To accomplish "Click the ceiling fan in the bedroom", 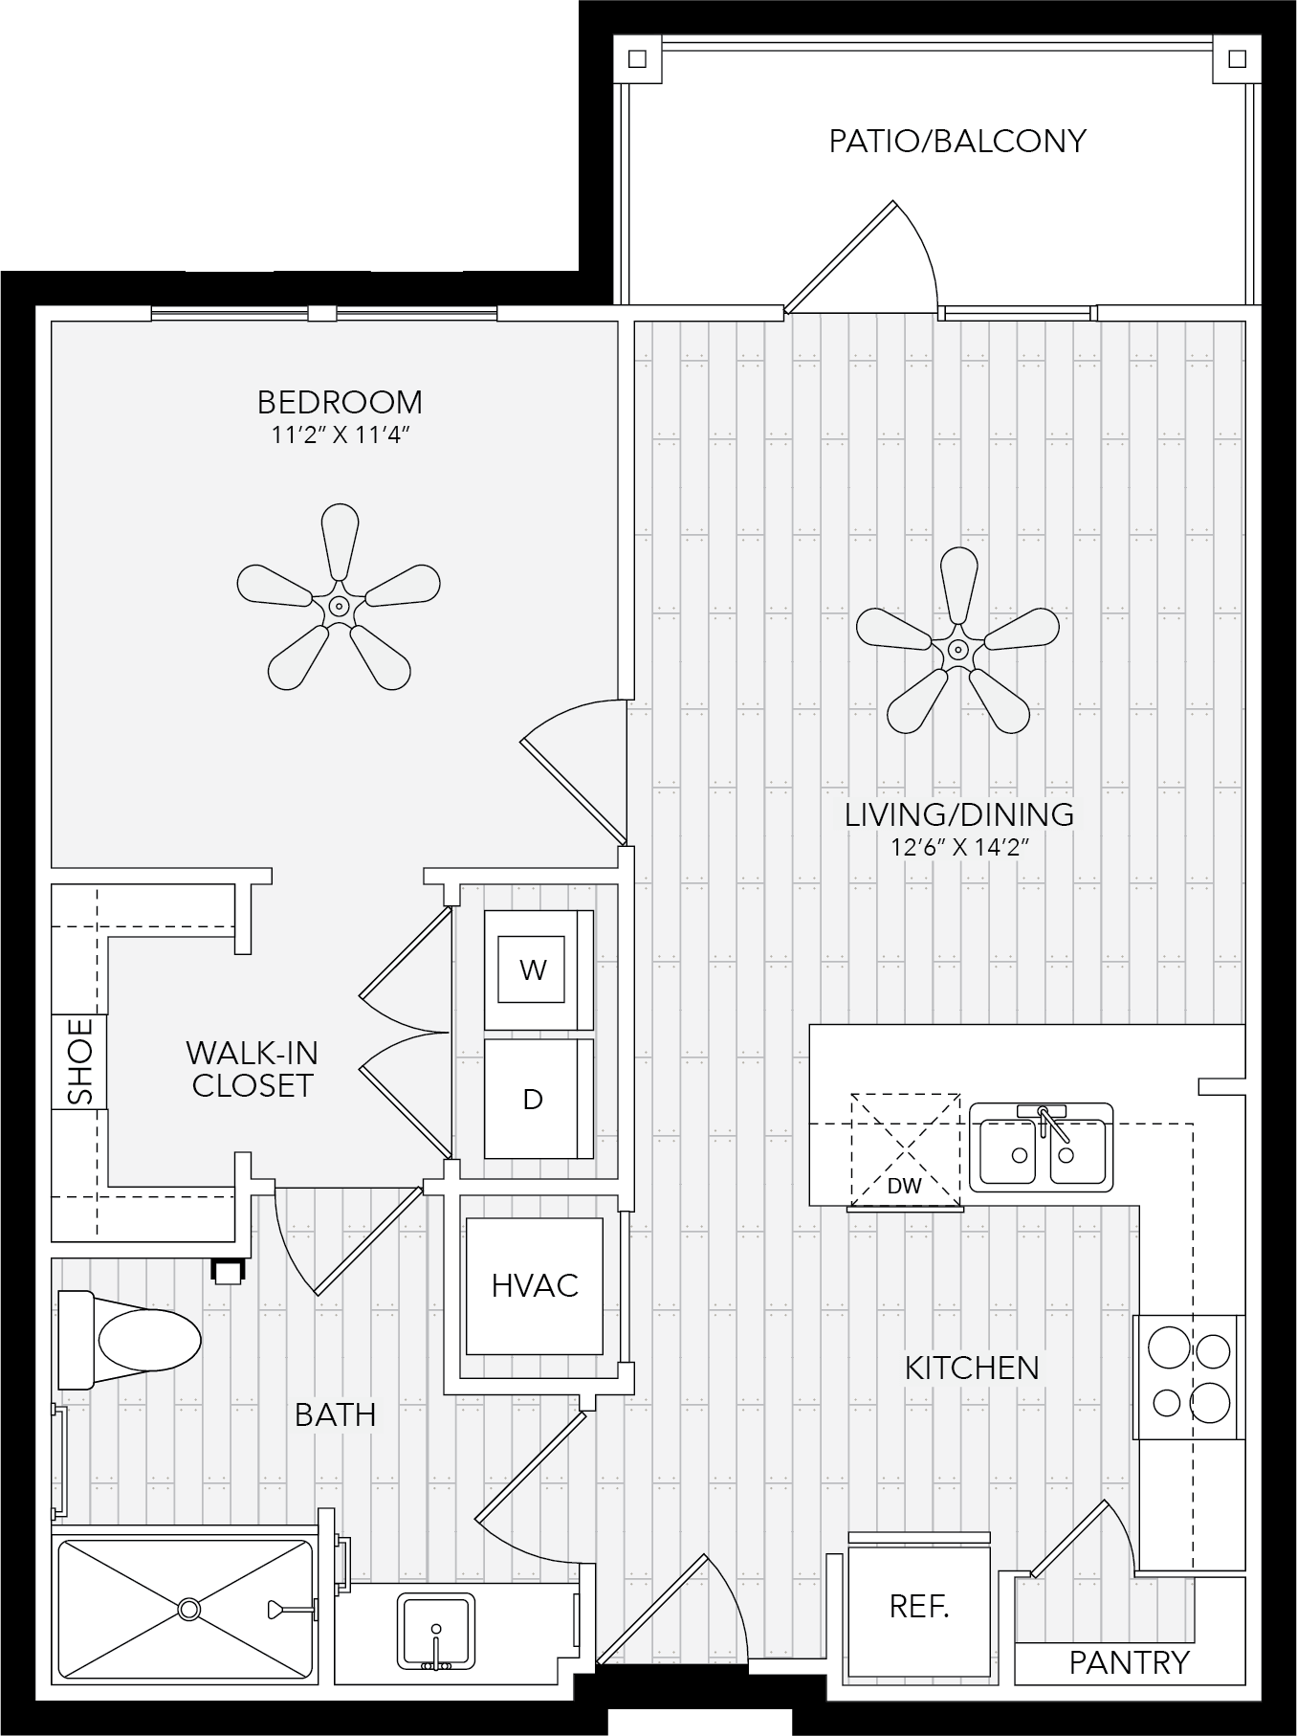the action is tap(339, 607).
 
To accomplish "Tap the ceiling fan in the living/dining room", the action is tap(957, 651).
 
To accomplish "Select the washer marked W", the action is tap(539, 969).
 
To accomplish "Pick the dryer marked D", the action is tap(539, 1099).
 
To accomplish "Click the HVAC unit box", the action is tap(535, 1285).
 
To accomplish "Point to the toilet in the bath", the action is tap(129, 1339).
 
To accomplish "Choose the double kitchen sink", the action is tap(1042, 1146).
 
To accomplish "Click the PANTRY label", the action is tap(1129, 1662).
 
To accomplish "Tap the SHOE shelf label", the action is tap(81, 1060).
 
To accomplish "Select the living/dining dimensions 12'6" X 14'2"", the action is tap(959, 847).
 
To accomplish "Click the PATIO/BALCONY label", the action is tap(957, 141).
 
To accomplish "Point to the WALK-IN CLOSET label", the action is tap(253, 1069).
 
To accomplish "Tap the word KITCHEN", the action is tap(972, 1368).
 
